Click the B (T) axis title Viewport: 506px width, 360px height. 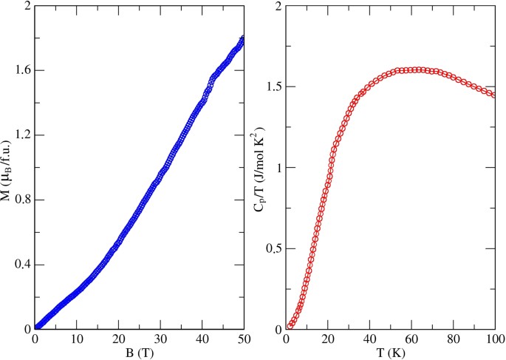click(139, 353)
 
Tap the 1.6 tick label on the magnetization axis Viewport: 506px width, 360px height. click(21, 71)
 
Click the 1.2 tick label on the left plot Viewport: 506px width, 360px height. click(21, 135)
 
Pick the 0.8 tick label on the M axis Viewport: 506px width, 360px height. click(21, 200)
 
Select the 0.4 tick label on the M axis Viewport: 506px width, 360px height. click(21, 265)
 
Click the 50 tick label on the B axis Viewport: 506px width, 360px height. click(243, 339)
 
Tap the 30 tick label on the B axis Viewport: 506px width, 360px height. click(160, 339)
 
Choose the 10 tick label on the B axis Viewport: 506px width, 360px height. click(76, 339)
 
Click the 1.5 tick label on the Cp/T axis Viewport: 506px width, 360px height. click(274, 87)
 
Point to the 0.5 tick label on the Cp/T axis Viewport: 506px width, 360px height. click(274, 248)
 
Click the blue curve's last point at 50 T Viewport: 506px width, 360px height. click(243, 37)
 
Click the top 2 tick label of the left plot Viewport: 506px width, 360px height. click(27, 7)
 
